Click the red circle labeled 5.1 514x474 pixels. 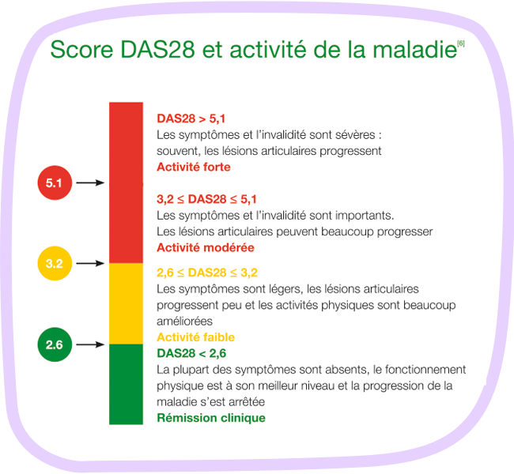(x=55, y=182)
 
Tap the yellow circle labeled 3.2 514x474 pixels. (x=55, y=263)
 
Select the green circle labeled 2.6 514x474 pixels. (x=55, y=344)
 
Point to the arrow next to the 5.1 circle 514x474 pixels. (x=90, y=182)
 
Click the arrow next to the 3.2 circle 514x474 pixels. (x=90, y=263)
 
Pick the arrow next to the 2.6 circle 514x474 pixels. (x=90, y=344)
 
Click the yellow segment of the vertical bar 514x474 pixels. (x=126, y=303)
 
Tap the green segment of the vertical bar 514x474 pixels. (x=126, y=384)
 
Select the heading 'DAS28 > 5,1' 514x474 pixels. (x=191, y=118)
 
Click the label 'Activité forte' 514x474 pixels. (x=194, y=167)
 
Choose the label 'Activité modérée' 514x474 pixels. (x=206, y=247)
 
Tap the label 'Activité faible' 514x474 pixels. (x=195, y=337)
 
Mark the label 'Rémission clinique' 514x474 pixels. (x=211, y=418)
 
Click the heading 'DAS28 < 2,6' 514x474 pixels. (x=191, y=353)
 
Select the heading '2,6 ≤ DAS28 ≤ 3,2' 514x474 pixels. (x=207, y=273)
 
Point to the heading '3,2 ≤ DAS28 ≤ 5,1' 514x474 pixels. (x=206, y=199)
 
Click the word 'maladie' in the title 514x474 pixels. (x=414, y=50)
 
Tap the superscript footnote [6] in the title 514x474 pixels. (x=461, y=43)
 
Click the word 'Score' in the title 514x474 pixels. (x=81, y=50)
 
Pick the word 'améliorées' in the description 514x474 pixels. (x=184, y=322)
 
